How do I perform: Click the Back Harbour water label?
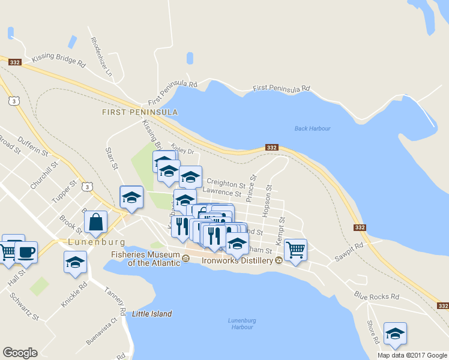(x=313, y=128)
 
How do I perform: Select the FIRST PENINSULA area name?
(x=140, y=112)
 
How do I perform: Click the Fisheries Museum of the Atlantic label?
(x=145, y=259)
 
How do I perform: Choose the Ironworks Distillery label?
(x=237, y=260)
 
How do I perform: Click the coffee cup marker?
(x=26, y=251)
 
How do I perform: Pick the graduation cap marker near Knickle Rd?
(x=75, y=262)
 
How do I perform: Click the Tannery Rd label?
(x=114, y=300)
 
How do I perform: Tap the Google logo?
(x=20, y=353)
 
